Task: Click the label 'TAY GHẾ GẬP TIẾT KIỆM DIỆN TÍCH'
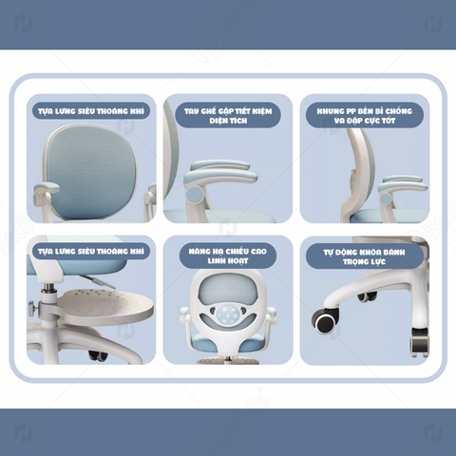click(x=228, y=116)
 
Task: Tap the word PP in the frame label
click(x=351, y=111)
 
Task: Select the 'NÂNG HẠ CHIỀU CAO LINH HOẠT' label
click(x=228, y=256)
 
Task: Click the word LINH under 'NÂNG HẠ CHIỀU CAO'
click(x=217, y=261)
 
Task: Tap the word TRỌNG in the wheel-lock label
click(x=353, y=262)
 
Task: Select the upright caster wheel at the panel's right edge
click(x=419, y=342)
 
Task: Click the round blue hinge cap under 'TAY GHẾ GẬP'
click(x=195, y=194)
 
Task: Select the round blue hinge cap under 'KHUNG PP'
click(x=386, y=199)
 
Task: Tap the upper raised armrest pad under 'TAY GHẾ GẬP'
click(x=220, y=165)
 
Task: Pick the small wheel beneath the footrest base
click(x=96, y=355)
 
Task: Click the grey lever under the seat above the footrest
click(x=89, y=280)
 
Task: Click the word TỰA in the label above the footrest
click(x=46, y=252)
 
